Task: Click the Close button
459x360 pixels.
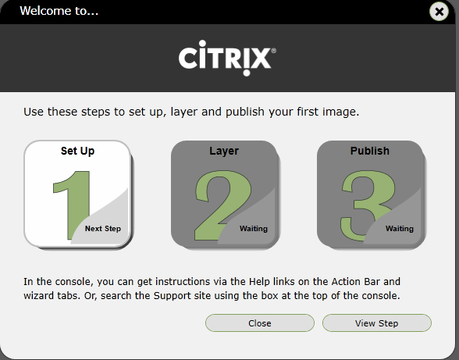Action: point(259,323)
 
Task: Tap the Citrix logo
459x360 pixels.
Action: point(226,58)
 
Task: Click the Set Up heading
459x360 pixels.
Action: point(77,151)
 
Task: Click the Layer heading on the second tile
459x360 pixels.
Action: point(224,151)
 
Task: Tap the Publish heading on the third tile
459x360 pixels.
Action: point(370,151)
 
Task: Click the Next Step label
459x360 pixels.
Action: point(103,229)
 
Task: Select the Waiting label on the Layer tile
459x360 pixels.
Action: point(254,229)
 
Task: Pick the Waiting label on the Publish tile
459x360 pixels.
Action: point(400,229)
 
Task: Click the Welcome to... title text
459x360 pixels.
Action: point(59,11)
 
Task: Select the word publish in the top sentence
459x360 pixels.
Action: point(250,112)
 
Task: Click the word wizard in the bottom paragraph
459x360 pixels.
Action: point(41,296)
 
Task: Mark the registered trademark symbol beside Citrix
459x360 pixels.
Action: point(273,51)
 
